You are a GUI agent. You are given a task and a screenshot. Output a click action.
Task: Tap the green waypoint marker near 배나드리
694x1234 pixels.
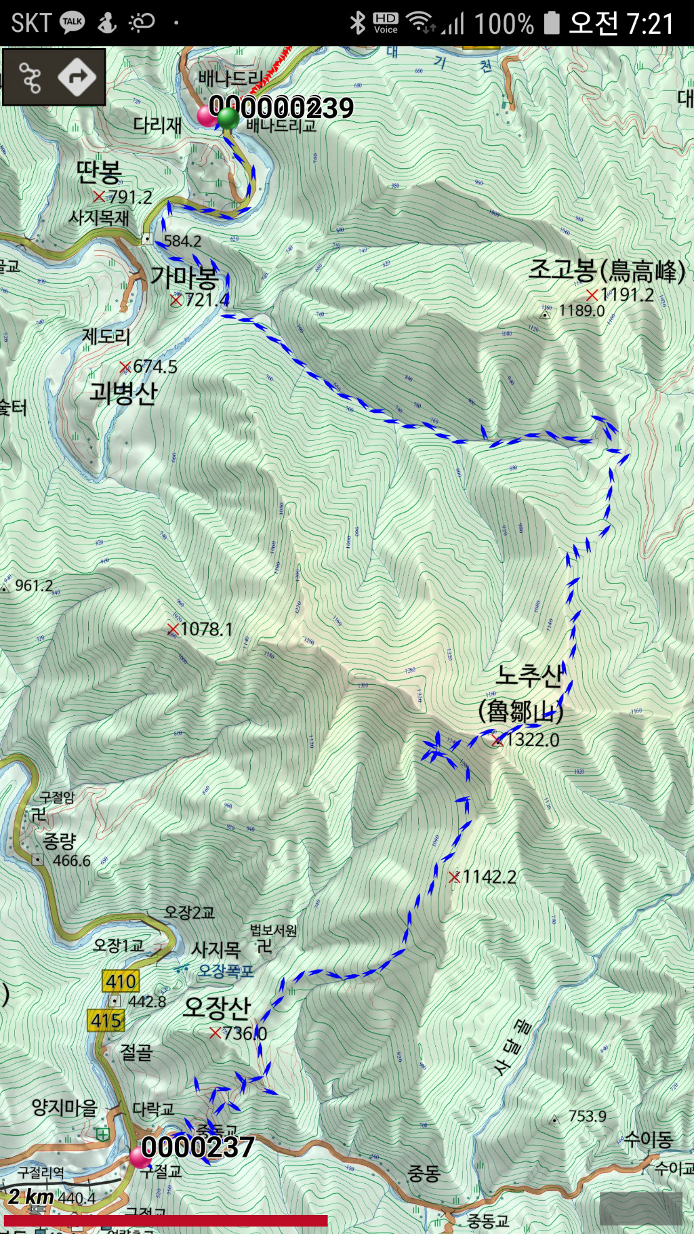[x=228, y=117]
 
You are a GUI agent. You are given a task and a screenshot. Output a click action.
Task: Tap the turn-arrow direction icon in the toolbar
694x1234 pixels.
[x=77, y=77]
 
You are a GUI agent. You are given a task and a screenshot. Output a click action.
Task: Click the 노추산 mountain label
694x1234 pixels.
[x=529, y=675]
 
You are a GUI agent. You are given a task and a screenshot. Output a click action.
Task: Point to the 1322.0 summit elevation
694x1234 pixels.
[x=533, y=740]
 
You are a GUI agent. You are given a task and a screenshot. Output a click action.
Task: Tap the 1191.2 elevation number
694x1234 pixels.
[x=627, y=295]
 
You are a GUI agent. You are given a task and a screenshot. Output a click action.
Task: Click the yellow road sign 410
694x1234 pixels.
[x=121, y=980]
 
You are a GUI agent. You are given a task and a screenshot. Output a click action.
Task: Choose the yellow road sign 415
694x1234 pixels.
[x=106, y=1020]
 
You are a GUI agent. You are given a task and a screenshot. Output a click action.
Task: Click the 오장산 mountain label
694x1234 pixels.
[x=217, y=1008]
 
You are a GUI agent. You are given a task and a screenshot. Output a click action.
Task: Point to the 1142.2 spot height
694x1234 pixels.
[x=489, y=877]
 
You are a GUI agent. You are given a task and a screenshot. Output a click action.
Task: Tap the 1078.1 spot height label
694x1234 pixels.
[x=206, y=629]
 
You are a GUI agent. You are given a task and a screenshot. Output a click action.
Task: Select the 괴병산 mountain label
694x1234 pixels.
[x=123, y=393]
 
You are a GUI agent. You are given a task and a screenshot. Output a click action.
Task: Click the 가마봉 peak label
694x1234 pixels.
[x=184, y=277]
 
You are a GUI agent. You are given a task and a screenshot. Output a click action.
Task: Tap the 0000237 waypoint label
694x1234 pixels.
[x=198, y=1147]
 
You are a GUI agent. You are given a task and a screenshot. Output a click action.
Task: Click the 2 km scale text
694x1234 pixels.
[x=30, y=1196]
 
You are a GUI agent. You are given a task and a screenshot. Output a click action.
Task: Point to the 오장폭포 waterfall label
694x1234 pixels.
[x=226, y=971]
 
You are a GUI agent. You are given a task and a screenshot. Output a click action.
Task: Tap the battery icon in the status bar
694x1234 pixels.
[x=552, y=23]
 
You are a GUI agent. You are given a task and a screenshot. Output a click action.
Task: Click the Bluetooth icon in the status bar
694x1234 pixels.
[x=357, y=23]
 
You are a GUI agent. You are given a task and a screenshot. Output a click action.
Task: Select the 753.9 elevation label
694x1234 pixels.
[x=587, y=1117]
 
